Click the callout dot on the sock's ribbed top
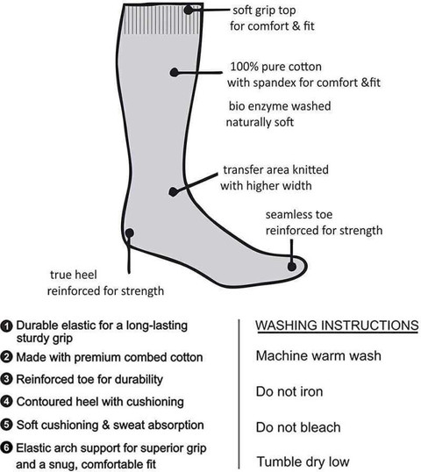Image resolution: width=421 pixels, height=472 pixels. click(x=189, y=10)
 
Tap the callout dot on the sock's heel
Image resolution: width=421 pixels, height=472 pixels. click(x=130, y=232)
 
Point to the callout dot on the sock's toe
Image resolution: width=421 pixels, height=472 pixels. click(x=291, y=267)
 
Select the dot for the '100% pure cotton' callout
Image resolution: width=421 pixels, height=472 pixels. click(x=175, y=72)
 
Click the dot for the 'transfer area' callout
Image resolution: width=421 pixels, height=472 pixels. click(x=173, y=192)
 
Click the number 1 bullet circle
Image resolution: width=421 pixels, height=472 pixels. click(x=6, y=326)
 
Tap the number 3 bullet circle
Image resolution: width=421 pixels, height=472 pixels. click(x=6, y=379)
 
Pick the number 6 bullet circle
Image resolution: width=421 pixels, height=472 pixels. click(x=6, y=448)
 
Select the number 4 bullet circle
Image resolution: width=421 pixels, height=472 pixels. click(x=6, y=402)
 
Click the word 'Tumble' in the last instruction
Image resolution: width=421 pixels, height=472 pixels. click(x=276, y=461)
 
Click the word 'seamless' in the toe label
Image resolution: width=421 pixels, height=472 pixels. click(x=285, y=215)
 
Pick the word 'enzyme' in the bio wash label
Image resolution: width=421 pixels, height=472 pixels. click(x=268, y=106)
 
